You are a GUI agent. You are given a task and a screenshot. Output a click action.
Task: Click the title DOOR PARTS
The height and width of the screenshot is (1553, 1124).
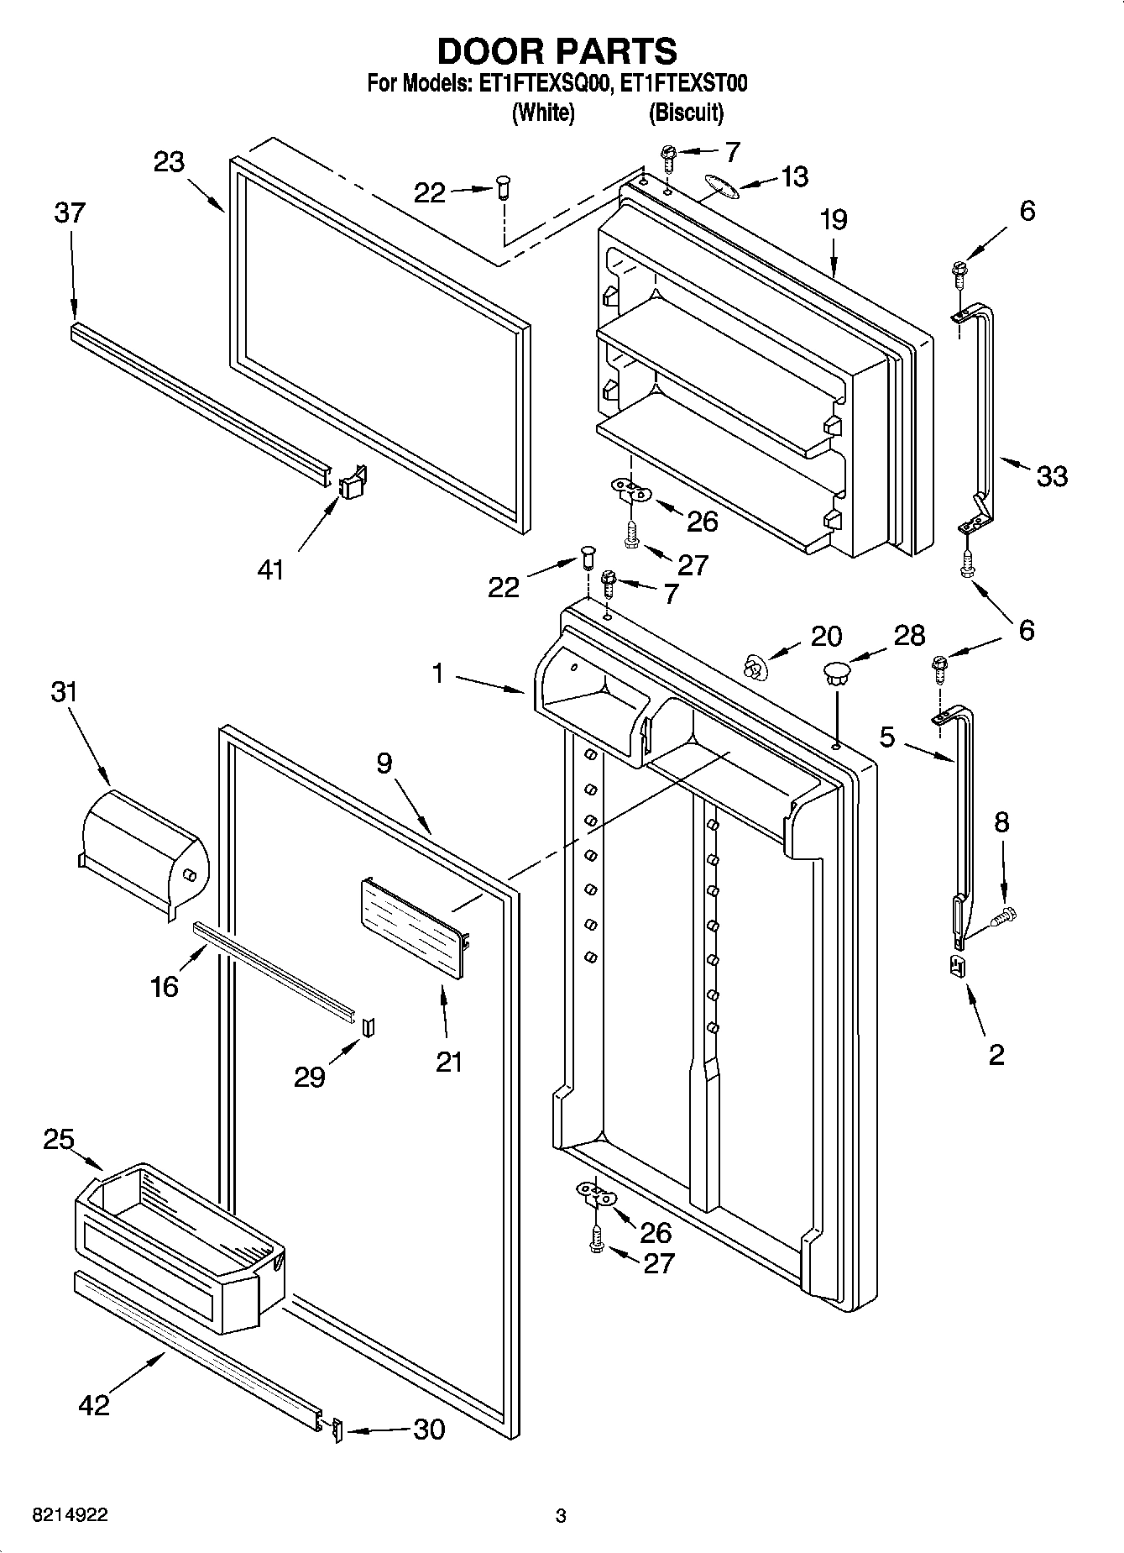click(x=557, y=51)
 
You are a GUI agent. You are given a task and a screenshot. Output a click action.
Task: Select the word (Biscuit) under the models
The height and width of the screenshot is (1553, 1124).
click(x=685, y=112)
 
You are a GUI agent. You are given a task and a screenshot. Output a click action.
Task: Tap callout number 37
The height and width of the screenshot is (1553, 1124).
click(x=70, y=212)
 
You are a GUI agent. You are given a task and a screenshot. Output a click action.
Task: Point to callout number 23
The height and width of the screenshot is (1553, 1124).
click(x=169, y=161)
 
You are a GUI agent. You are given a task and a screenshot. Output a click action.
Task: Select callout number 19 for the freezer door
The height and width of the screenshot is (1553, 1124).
click(x=833, y=220)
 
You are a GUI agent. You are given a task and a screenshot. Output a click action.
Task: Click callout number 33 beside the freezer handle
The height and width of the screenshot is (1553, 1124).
click(x=1051, y=476)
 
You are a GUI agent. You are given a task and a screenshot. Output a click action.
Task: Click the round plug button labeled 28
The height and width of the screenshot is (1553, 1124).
click(x=836, y=672)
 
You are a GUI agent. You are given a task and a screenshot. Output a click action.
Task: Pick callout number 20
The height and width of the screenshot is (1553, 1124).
click(x=826, y=636)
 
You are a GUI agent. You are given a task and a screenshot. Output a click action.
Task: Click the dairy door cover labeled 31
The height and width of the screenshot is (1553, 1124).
click(x=141, y=848)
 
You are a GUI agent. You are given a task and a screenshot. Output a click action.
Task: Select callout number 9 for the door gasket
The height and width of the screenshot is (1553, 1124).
click(x=384, y=763)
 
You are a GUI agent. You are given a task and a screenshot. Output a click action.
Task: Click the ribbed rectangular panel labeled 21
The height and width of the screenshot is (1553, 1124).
click(x=413, y=928)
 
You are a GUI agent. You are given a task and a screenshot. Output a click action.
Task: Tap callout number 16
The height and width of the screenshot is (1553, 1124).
click(x=165, y=986)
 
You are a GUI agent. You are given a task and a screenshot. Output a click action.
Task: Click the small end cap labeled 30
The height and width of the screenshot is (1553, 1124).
click(x=337, y=1430)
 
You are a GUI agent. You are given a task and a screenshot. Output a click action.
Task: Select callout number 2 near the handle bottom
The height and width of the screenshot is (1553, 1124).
click(x=996, y=1054)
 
